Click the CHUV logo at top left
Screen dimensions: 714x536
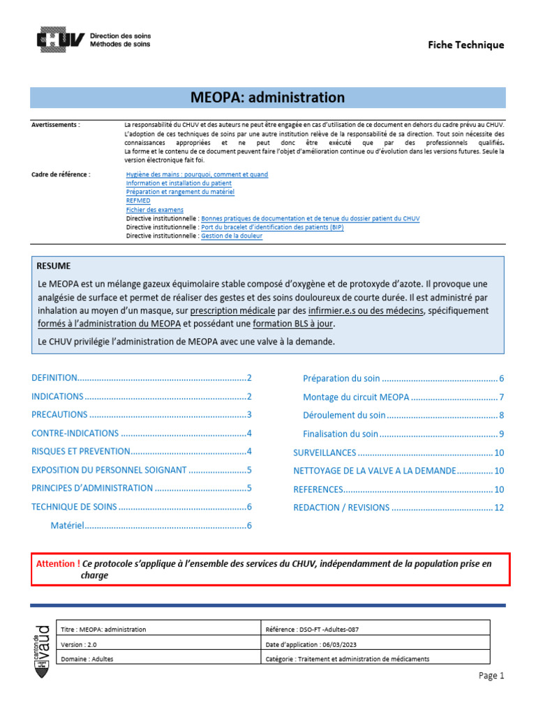[61, 39]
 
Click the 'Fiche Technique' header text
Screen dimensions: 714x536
[466, 45]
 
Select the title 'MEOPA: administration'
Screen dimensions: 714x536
[268, 98]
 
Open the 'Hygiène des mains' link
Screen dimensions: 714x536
[197, 174]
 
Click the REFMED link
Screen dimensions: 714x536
[138, 200]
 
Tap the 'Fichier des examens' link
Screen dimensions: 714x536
[155, 209]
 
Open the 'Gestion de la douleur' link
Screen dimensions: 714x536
[232, 236]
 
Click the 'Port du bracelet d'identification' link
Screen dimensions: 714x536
[271, 227]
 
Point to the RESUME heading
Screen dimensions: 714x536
[54, 266]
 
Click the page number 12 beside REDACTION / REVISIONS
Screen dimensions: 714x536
[498, 508]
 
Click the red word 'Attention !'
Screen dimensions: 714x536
[58, 563]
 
